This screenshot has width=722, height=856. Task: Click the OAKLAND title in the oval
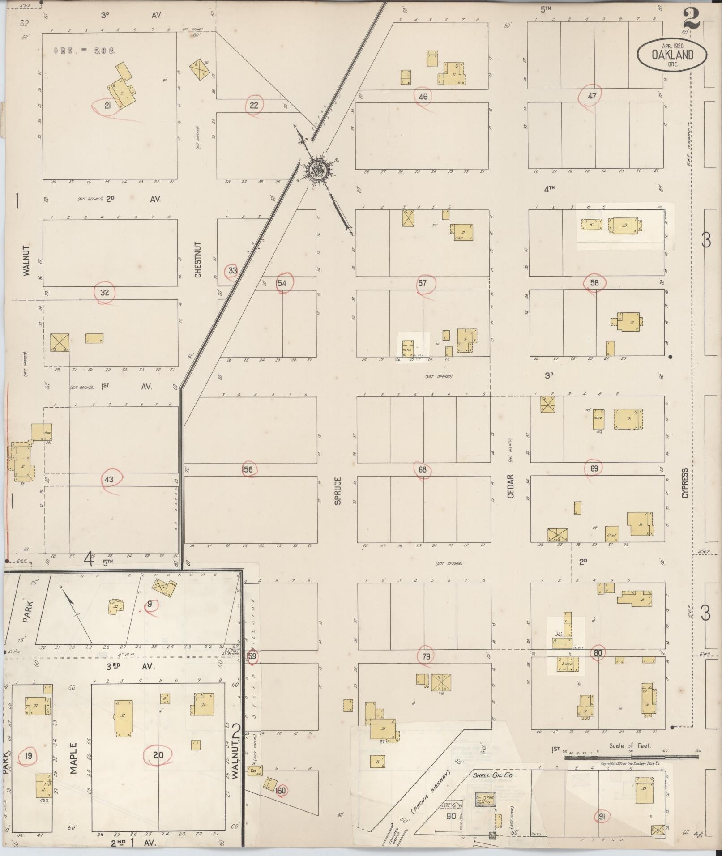click(x=672, y=55)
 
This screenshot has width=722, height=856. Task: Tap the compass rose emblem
click(x=317, y=170)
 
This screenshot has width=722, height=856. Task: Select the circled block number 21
click(x=107, y=106)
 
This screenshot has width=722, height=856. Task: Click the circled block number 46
click(x=423, y=96)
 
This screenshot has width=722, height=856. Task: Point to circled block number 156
click(x=247, y=469)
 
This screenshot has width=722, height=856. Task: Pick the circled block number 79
click(x=426, y=656)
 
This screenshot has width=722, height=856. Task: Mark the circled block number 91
click(x=602, y=817)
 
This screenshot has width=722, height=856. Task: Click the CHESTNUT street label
click(x=198, y=260)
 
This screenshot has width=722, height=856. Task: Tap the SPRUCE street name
click(x=338, y=490)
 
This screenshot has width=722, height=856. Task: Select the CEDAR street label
click(x=511, y=486)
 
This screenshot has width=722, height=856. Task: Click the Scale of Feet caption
click(x=630, y=746)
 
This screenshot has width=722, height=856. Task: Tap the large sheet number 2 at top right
click(x=692, y=18)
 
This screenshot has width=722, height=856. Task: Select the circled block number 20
click(x=158, y=755)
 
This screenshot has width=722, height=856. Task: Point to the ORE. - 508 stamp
click(x=85, y=51)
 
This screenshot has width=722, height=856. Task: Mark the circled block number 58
click(x=594, y=282)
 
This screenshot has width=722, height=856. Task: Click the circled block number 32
click(x=105, y=293)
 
